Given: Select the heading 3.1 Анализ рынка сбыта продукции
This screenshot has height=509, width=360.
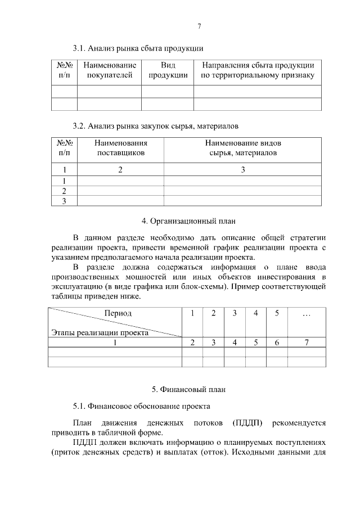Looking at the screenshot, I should (x=138, y=48).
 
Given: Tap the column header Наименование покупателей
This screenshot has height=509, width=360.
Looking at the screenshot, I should (x=110, y=70).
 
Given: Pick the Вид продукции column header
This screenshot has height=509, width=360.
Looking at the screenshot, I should (x=168, y=70).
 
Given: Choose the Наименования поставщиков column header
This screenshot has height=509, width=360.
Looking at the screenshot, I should (x=120, y=148).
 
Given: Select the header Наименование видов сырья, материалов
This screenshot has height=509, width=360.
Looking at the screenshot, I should (x=243, y=148).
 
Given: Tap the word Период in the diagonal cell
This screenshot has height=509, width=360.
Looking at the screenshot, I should (x=118, y=313).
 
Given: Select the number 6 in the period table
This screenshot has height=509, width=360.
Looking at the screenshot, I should (x=277, y=343).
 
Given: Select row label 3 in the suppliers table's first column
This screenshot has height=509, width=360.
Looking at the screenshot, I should (x=64, y=201).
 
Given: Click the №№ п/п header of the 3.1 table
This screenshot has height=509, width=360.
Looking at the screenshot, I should (x=64, y=70).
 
